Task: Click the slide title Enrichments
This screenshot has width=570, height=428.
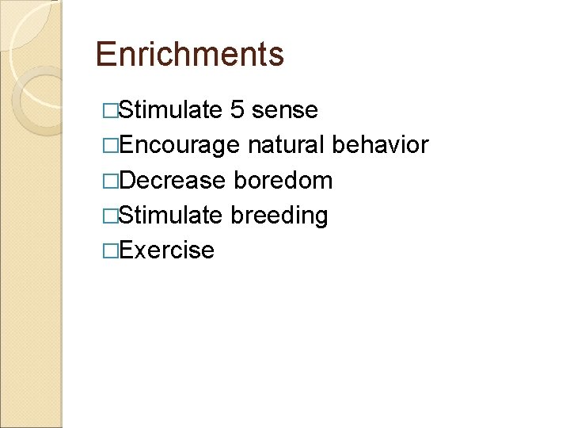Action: click(x=189, y=54)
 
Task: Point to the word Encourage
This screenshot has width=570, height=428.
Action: click(x=178, y=145)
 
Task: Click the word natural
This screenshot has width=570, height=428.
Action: click(x=286, y=145)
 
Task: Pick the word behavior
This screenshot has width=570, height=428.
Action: click(x=381, y=145)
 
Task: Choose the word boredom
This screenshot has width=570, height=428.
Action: click(x=283, y=180)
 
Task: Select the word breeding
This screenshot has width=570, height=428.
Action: click(x=279, y=216)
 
